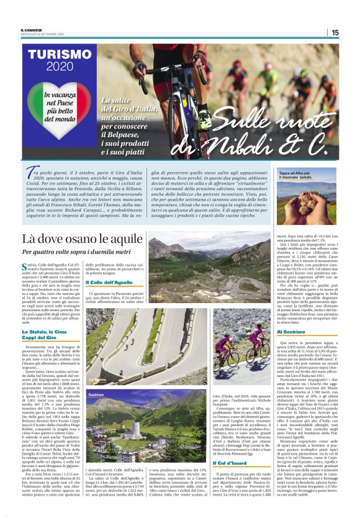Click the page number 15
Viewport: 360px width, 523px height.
click(352, 32)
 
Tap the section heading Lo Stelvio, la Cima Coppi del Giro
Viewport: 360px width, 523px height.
click(47, 336)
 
